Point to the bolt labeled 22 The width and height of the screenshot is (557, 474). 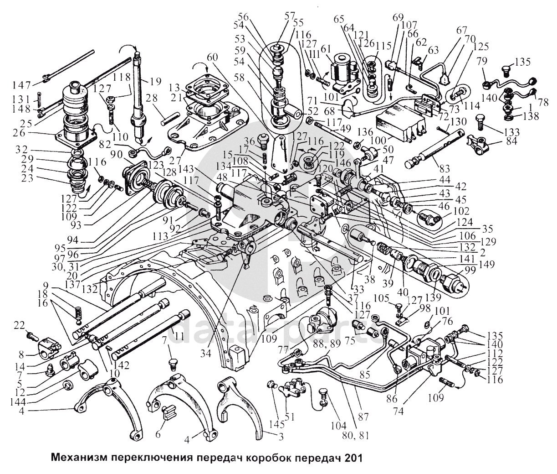32,337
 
